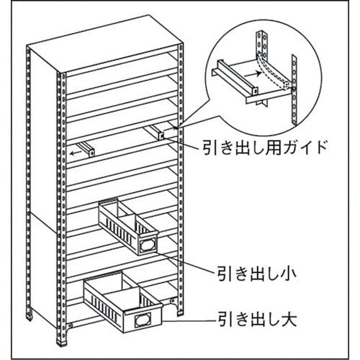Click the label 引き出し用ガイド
(265, 147)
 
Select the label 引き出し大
(257, 319)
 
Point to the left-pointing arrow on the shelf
(74, 153)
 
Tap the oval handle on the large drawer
(142, 320)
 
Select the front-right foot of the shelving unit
(180, 311)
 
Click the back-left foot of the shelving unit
(30, 315)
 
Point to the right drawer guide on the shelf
(155, 132)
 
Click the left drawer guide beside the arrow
(86, 150)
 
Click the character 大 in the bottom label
(289, 319)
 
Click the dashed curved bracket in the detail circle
(273, 71)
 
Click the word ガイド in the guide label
(304, 147)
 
